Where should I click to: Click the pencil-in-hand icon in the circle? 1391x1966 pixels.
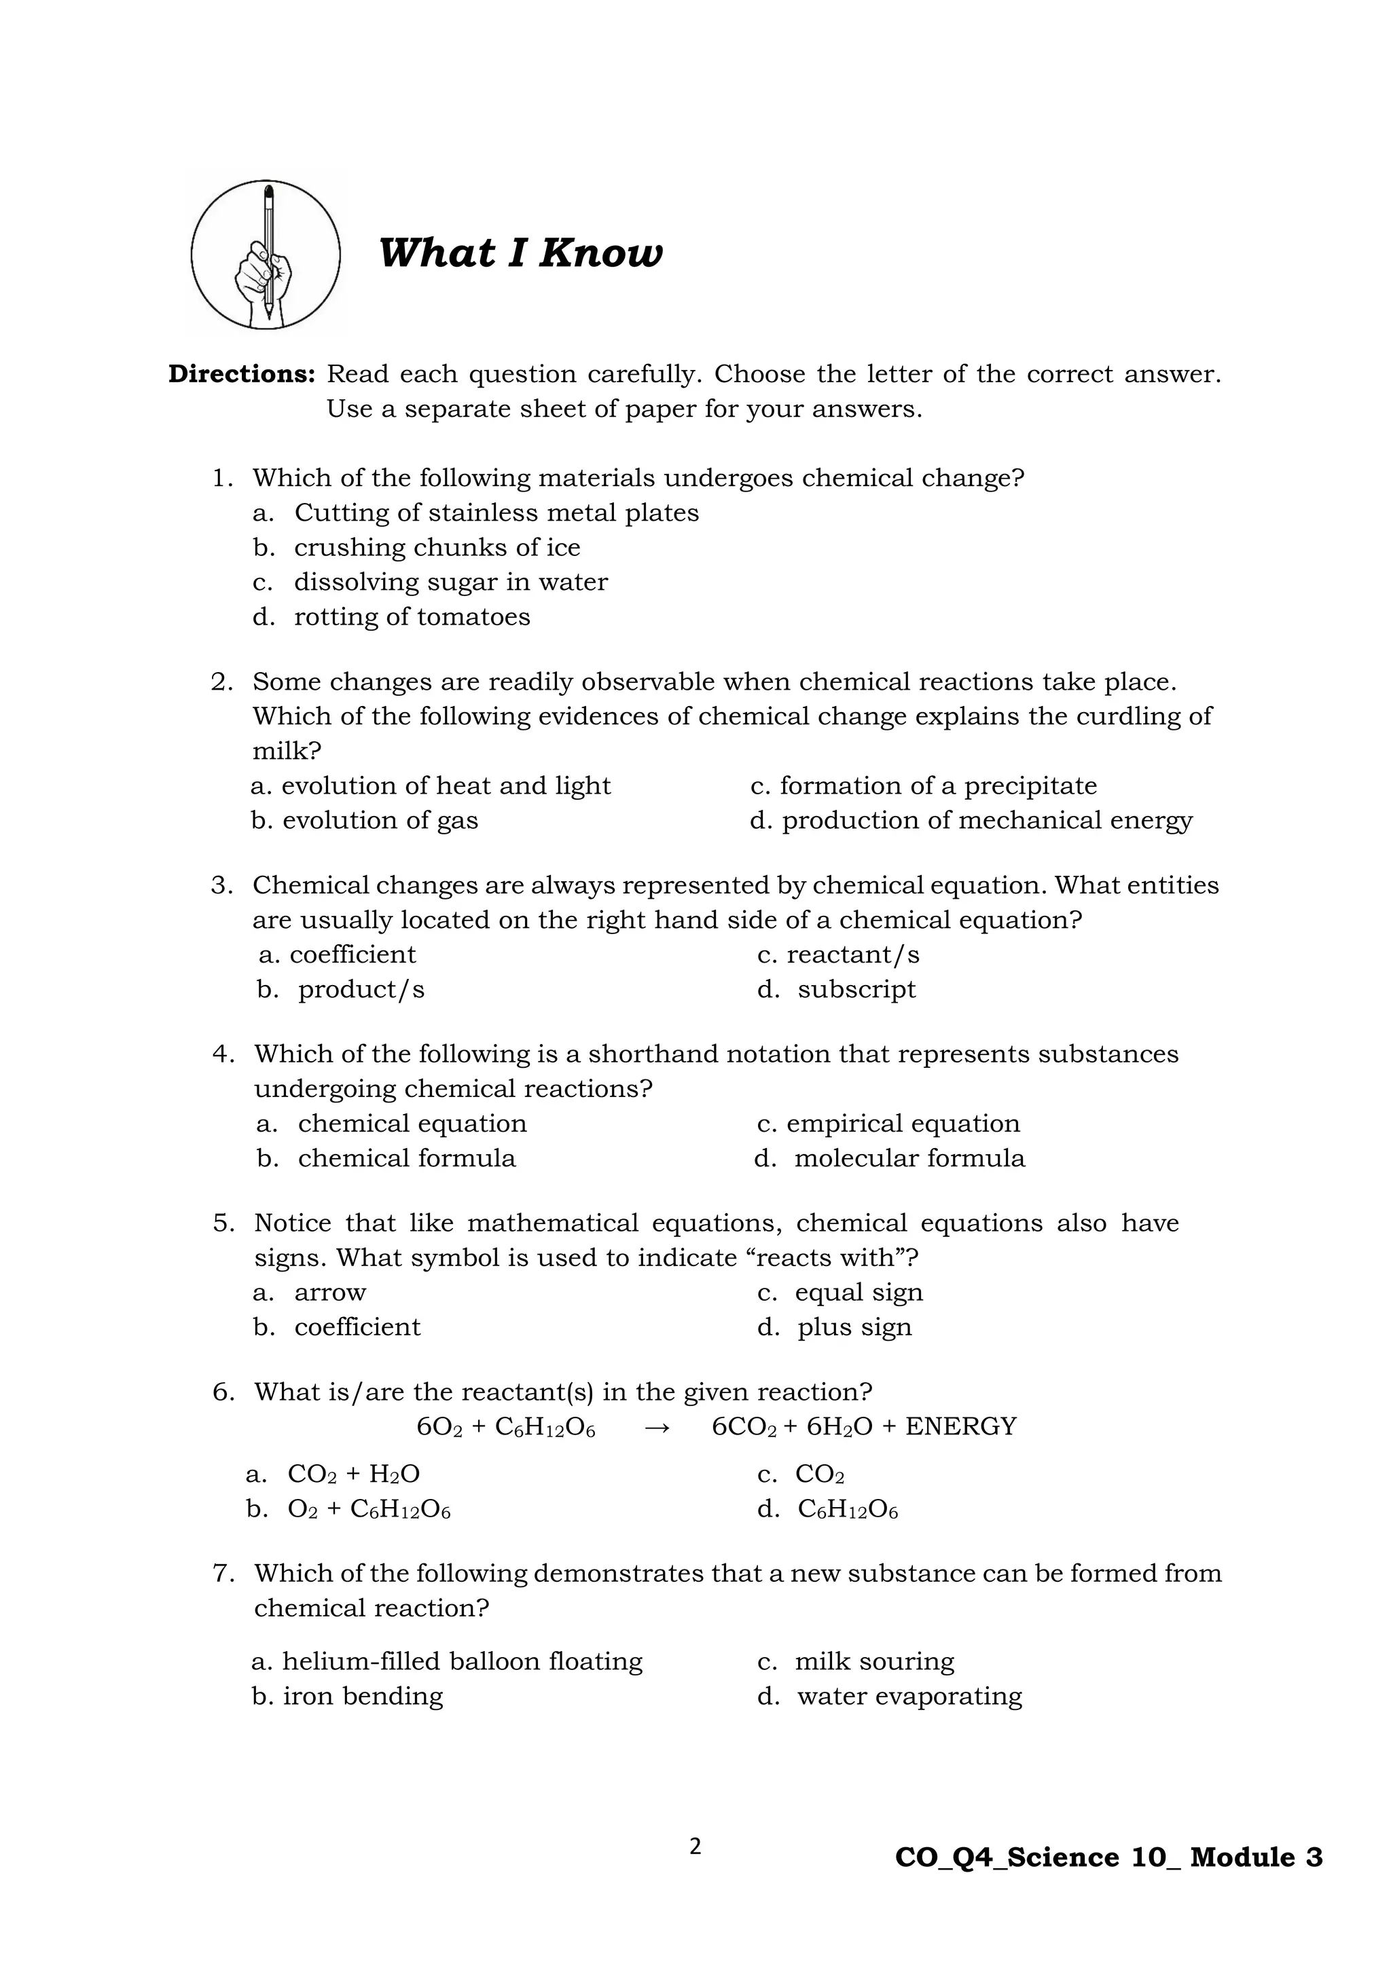(x=266, y=255)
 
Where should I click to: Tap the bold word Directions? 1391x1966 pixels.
(x=242, y=374)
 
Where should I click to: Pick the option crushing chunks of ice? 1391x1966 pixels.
(x=437, y=547)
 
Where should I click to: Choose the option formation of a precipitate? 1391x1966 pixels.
(x=937, y=785)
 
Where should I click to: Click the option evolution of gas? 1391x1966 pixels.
(x=380, y=819)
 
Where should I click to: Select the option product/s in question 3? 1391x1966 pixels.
(x=361, y=989)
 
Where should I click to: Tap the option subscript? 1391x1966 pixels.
(x=856, y=989)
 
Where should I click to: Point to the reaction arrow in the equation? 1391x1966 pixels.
(x=655, y=1428)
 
